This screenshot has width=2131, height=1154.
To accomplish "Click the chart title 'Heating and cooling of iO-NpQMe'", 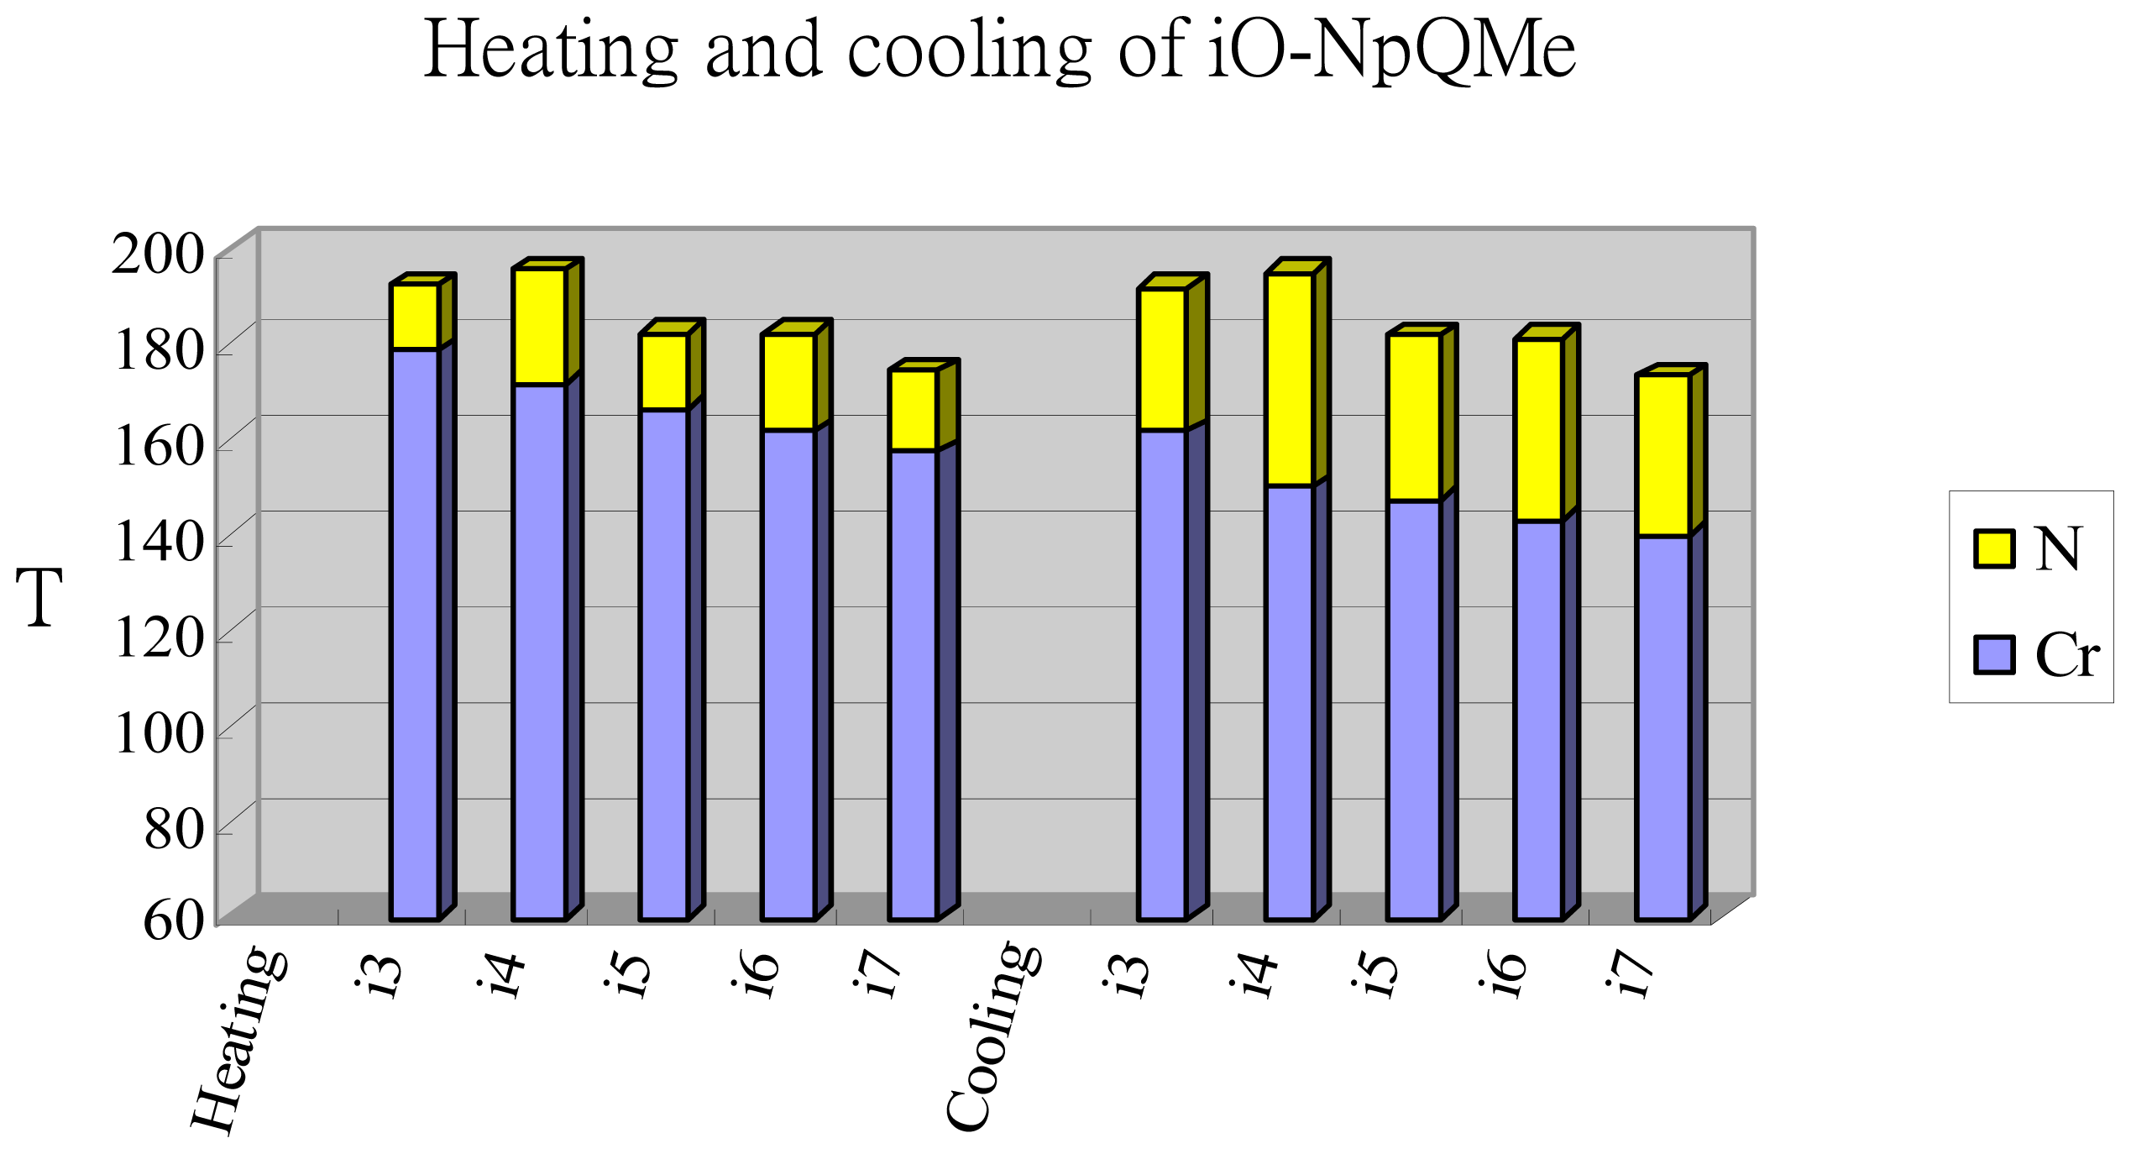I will pos(999,50).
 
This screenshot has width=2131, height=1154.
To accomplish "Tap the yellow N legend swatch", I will pos(1993,549).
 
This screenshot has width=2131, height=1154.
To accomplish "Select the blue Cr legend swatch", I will pos(1993,655).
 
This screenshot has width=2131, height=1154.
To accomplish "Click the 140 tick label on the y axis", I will pos(158,542).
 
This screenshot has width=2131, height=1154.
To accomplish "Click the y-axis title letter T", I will pos(39,597).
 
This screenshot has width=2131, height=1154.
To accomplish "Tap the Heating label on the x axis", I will pos(240,1041).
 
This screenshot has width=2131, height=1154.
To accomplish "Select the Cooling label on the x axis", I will pos(994,1038).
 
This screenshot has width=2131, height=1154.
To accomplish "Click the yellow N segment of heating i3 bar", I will pos(414,317).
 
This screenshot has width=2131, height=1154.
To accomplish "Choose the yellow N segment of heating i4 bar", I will pos(539,327).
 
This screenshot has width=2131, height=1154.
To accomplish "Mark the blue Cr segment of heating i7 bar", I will pos(913,685).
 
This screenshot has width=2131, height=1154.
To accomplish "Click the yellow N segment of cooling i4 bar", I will pos(1289,380).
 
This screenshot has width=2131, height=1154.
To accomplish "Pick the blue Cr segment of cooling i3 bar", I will pos(1162,674).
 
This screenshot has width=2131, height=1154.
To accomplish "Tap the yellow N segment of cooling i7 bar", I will pos(1662,455).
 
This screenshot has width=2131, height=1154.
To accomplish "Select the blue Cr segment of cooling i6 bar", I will pos(1538,720).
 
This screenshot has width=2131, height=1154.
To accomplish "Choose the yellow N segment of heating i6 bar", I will pos(788,382).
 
